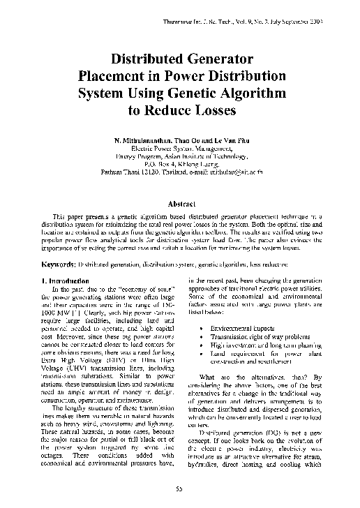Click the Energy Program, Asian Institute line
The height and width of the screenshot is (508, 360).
tap(180, 156)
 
